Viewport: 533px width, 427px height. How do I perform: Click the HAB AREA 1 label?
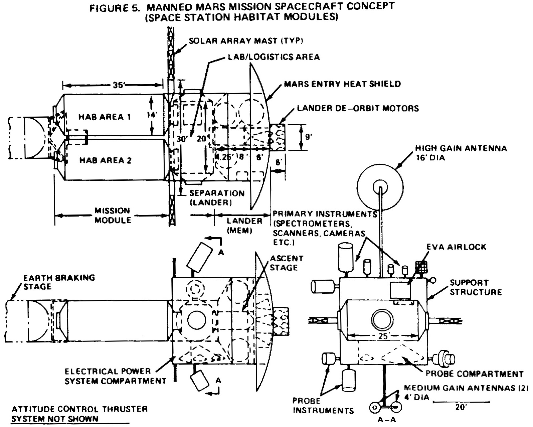tap(105, 117)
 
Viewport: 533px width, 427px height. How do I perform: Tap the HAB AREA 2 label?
tap(105, 160)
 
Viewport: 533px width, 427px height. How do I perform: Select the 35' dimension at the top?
tap(119, 85)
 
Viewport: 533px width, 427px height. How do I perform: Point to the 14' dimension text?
tap(151, 115)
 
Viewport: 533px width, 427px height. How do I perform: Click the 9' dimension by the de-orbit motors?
tap(308, 137)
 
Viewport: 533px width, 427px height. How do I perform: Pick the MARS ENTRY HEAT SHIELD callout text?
tap(342, 84)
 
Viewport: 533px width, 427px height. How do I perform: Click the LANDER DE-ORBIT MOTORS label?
tap(358, 108)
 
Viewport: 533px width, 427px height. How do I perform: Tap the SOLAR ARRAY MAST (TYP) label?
tap(246, 41)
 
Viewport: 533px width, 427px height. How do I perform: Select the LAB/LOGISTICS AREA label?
tap(274, 57)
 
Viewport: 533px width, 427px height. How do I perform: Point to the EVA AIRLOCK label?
tap(456, 247)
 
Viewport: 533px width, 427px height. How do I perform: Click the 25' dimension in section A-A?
tap(383, 336)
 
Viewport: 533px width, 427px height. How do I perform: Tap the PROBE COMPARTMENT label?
tap(475, 374)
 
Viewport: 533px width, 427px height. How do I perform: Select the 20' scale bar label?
tap(461, 407)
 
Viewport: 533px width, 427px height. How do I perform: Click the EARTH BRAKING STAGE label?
tap(59, 282)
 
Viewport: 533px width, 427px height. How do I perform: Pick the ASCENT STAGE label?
tap(286, 263)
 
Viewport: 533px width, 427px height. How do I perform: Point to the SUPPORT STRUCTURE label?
tap(476, 287)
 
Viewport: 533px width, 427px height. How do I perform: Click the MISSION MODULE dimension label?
tap(113, 216)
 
